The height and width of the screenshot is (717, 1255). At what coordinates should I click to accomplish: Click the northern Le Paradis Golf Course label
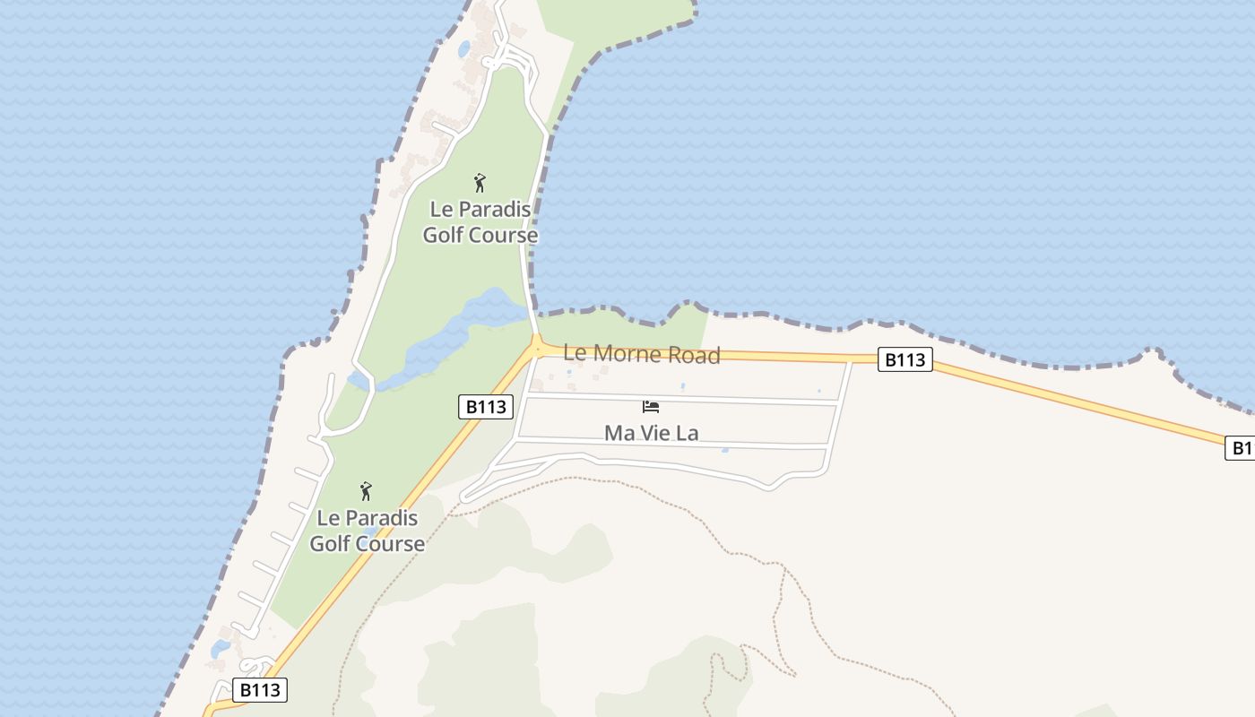click(480, 222)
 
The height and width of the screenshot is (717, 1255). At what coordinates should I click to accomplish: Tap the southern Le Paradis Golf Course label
click(368, 531)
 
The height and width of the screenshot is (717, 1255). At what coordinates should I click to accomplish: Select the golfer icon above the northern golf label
click(480, 184)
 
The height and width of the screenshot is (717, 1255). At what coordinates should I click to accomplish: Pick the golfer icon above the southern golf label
click(366, 491)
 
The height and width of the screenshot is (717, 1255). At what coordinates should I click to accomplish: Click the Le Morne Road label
click(641, 354)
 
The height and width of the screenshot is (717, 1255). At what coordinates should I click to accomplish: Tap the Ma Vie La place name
click(651, 433)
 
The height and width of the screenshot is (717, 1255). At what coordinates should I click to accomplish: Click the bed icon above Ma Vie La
click(651, 407)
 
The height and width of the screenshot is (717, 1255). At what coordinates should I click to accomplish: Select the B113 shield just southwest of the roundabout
click(486, 407)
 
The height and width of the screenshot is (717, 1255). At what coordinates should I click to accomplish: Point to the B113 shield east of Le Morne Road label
click(904, 360)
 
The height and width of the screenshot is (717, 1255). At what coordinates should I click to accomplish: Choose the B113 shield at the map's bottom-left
click(261, 690)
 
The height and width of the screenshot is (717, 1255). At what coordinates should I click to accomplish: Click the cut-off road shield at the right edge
click(1241, 448)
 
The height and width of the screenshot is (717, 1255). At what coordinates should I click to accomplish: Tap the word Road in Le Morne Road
click(695, 356)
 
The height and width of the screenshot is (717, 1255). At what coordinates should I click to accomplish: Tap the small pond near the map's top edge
click(463, 49)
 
